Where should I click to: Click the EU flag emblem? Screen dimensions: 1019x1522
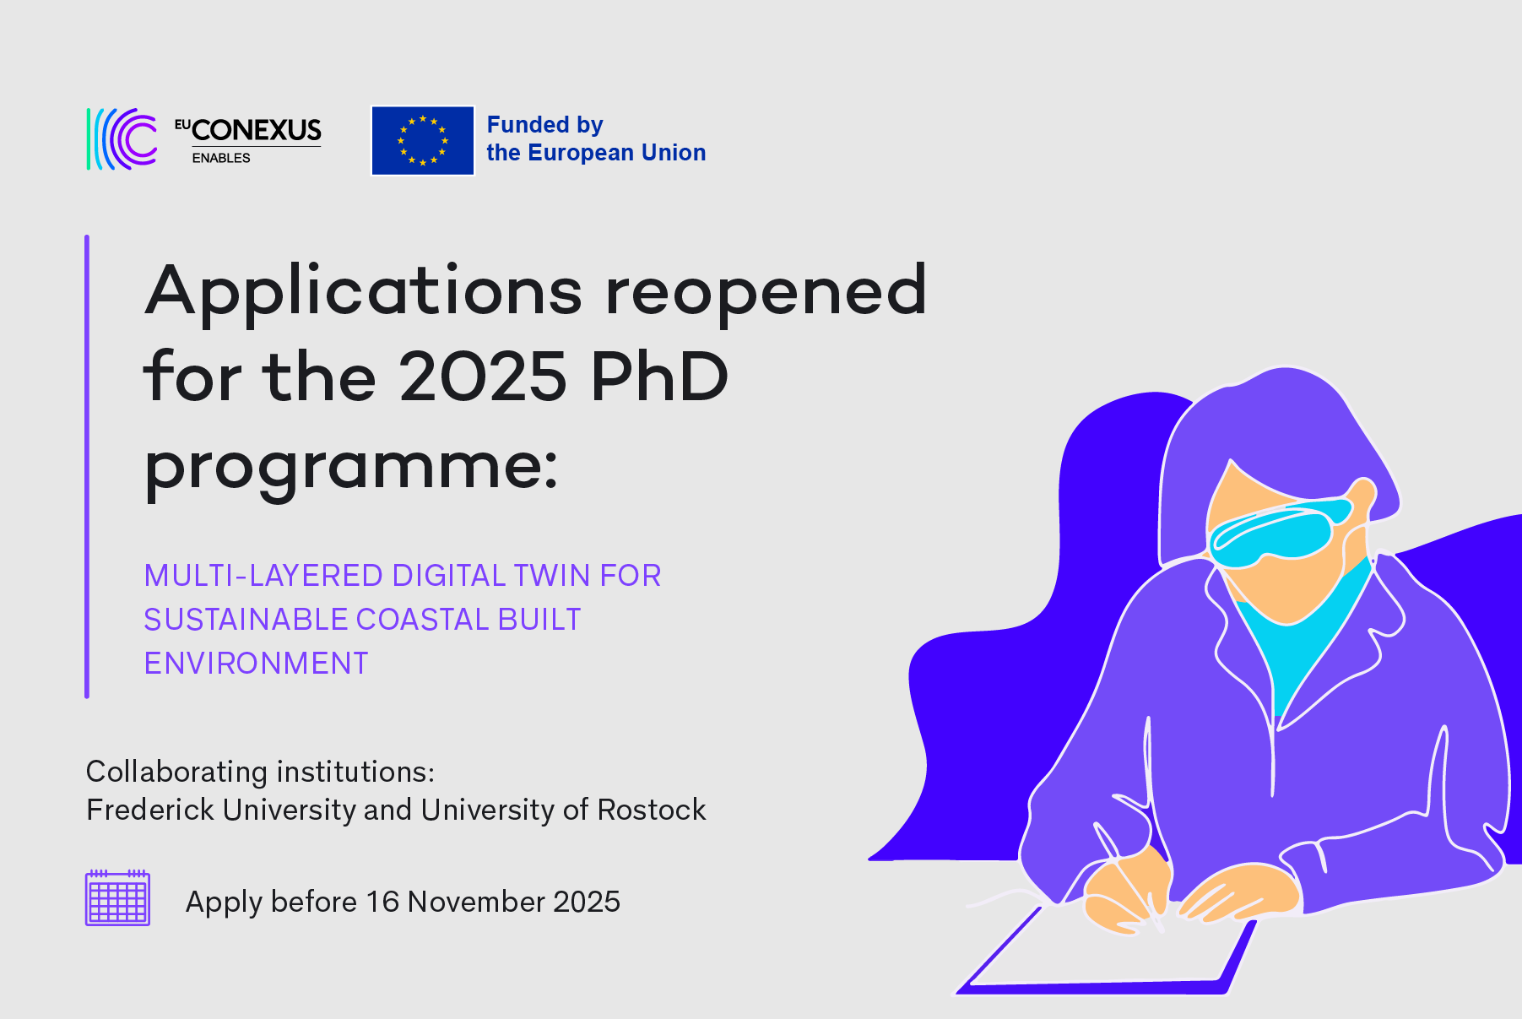tap(422, 140)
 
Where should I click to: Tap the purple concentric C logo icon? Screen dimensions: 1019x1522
tap(123, 139)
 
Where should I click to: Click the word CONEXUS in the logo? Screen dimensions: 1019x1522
tap(257, 130)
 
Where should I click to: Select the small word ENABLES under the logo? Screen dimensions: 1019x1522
tap(221, 158)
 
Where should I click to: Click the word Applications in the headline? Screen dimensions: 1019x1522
tap(363, 291)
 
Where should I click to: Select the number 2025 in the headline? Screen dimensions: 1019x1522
tap(483, 377)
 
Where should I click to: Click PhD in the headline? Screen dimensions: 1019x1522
tap(659, 377)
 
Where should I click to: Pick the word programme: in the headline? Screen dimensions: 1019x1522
tap(351, 466)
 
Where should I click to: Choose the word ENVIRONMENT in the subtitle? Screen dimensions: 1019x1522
tap(256, 664)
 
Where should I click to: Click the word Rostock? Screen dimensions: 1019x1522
tap(651, 810)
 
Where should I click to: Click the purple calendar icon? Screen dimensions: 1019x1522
tap(117, 898)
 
